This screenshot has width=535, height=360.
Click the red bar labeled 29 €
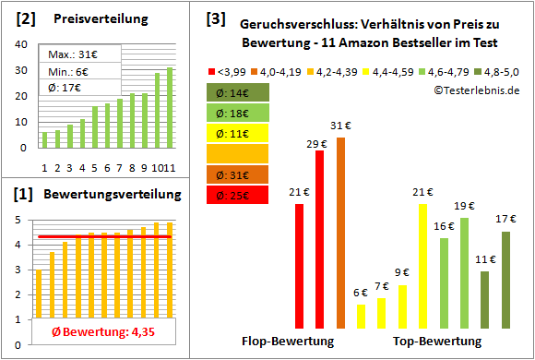[320, 239]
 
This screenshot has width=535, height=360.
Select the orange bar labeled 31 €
[340, 233]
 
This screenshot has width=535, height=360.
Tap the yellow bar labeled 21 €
[423, 266]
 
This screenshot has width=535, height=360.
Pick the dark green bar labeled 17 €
[505, 280]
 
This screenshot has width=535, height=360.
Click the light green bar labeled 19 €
[464, 273]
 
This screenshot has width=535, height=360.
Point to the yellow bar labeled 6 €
[361, 316]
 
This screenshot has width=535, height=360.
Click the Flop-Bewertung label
[288, 341]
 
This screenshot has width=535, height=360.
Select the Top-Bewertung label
[437, 341]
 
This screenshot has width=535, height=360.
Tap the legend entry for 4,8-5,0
[500, 70]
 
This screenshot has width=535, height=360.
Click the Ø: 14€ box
[237, 92]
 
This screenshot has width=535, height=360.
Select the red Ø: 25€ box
[237, 194]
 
